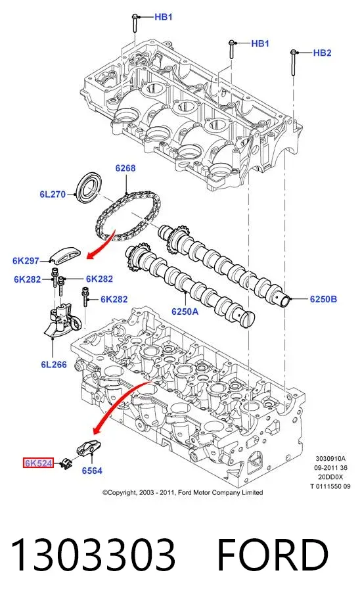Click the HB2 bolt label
point(322,53)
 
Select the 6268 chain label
point(125,168)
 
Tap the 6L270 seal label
point(53,194)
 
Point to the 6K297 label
point(26,261)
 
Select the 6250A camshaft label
point(185,311)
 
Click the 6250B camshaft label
point(323,299)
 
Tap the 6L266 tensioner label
point(54,364)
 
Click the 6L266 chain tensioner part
point(62,319)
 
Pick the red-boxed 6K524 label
point(38,463)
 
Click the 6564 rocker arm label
point(92,471)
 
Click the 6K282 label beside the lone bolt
point(114,299)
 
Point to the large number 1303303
point(93,555)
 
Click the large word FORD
point(273,555)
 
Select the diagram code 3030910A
point(330,459)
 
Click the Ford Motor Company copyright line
point(183,493)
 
